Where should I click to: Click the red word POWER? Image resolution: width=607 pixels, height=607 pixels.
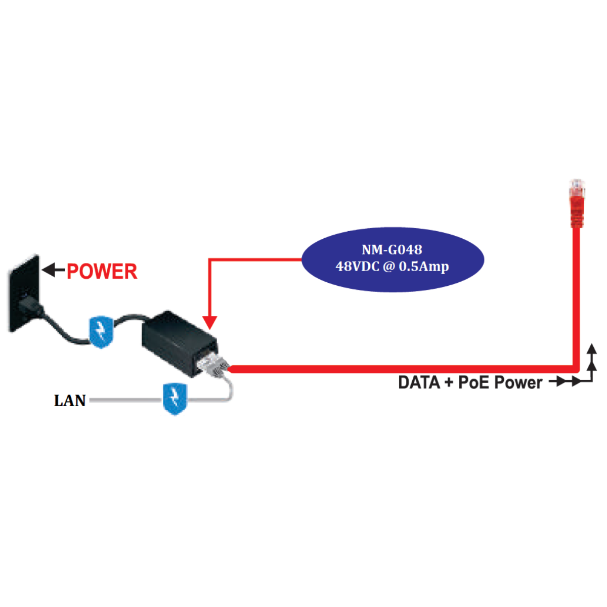[x=102, y=272]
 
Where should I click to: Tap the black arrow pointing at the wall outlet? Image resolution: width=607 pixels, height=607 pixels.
[x=53, y=270]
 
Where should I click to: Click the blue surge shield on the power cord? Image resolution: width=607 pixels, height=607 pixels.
[x=101, y=331]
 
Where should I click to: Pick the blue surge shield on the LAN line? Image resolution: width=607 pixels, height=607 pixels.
[x=175, y=399]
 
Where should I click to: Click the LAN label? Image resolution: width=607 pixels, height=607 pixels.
[x=70, y=401]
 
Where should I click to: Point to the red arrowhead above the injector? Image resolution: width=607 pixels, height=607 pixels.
[x=209, y=323]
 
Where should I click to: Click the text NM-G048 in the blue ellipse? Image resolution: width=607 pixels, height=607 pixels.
[x=392, y=249]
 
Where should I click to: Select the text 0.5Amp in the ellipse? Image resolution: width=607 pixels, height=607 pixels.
[x=424, y=267]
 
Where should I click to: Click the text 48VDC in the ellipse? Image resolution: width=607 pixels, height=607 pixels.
[x=358, y=267]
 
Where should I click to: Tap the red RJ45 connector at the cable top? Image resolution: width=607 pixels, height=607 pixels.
[x=576, y=202]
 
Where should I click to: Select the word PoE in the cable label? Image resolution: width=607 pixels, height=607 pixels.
[x=474, y=382]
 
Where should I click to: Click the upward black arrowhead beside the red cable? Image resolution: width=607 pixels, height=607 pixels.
[x=592, y=349]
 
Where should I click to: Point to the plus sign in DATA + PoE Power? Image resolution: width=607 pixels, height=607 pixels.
[x=449, y=382]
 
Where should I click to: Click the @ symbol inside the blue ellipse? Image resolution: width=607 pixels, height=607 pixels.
[x=389, y=267]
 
